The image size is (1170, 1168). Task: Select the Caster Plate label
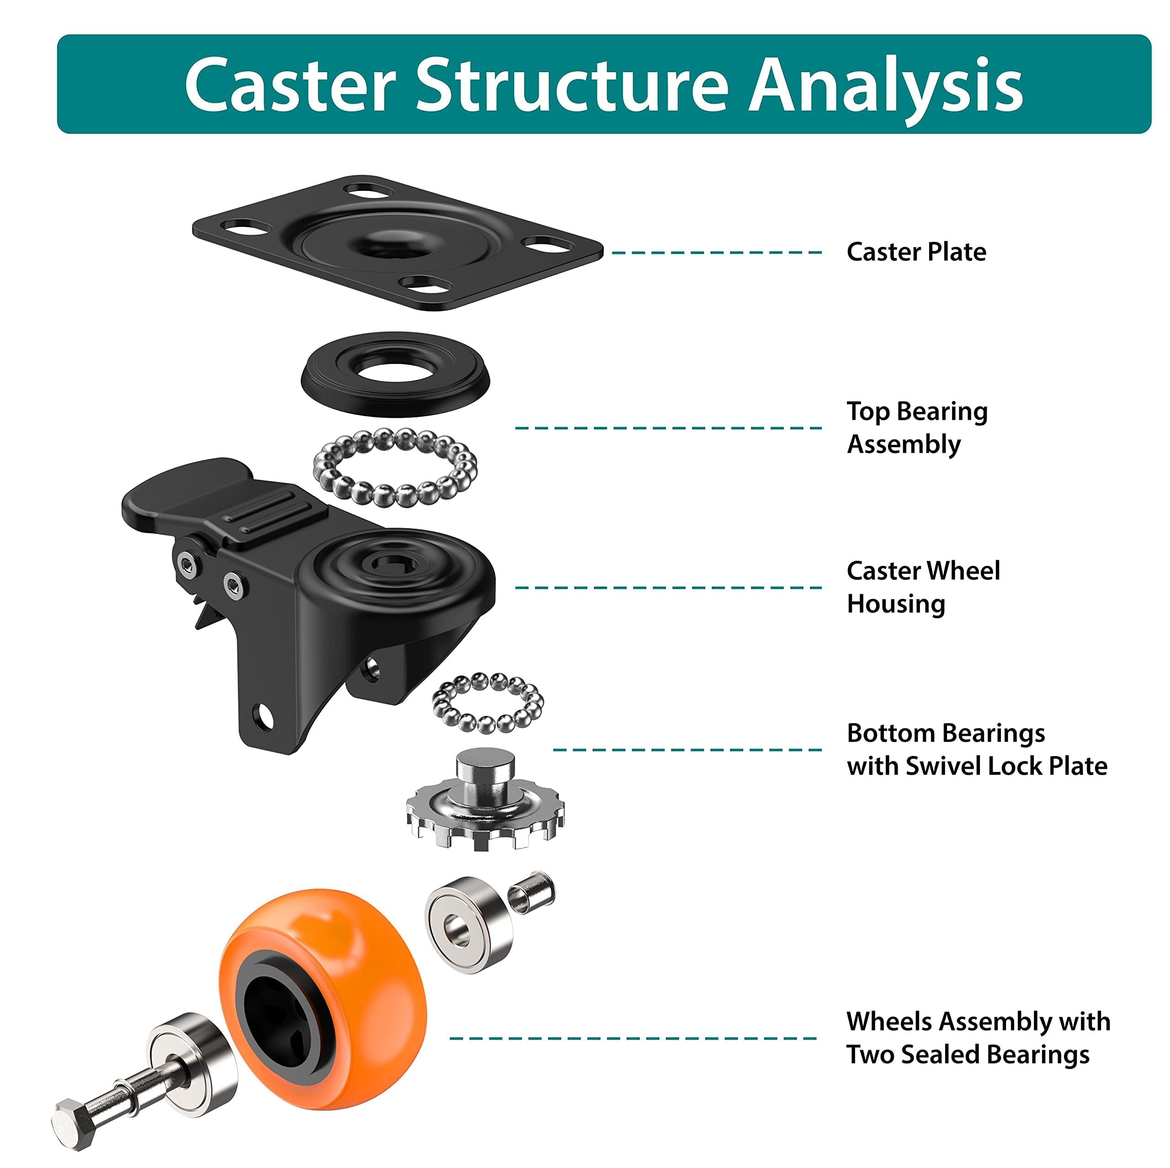(915, 252)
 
